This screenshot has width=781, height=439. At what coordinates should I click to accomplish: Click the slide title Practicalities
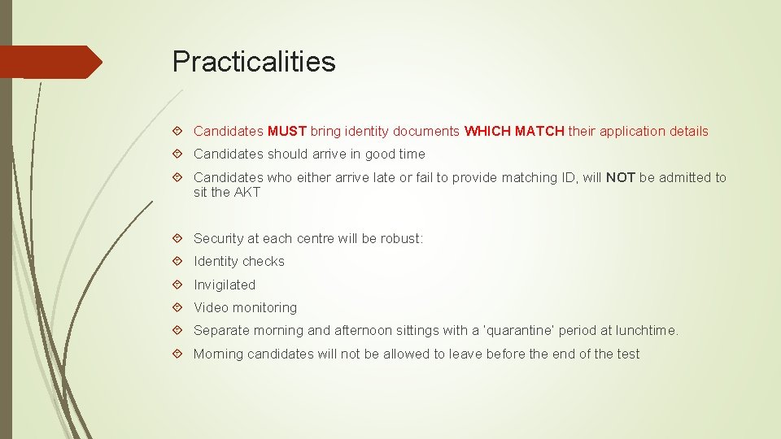[x=253, y=61]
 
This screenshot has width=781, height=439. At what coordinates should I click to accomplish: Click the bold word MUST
[x=286, y=131]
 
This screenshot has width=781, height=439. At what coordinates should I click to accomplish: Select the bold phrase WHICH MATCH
[x=514, y=131]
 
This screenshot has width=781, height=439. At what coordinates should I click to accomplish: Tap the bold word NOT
[x=621, y=177]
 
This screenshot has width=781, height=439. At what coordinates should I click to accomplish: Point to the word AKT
[x=247, y=192]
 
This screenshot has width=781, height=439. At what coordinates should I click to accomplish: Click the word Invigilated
[x=224, y=285]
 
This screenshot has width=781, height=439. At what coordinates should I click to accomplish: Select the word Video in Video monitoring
[x=210, y=307]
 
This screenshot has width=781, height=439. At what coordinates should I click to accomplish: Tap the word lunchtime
[x=646, y=330]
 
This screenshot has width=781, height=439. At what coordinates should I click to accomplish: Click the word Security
[x=220, y=238]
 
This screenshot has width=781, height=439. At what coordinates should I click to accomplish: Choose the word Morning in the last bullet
[x=218, y=354]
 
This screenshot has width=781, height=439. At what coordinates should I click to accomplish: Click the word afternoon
[x=365, y=330]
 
